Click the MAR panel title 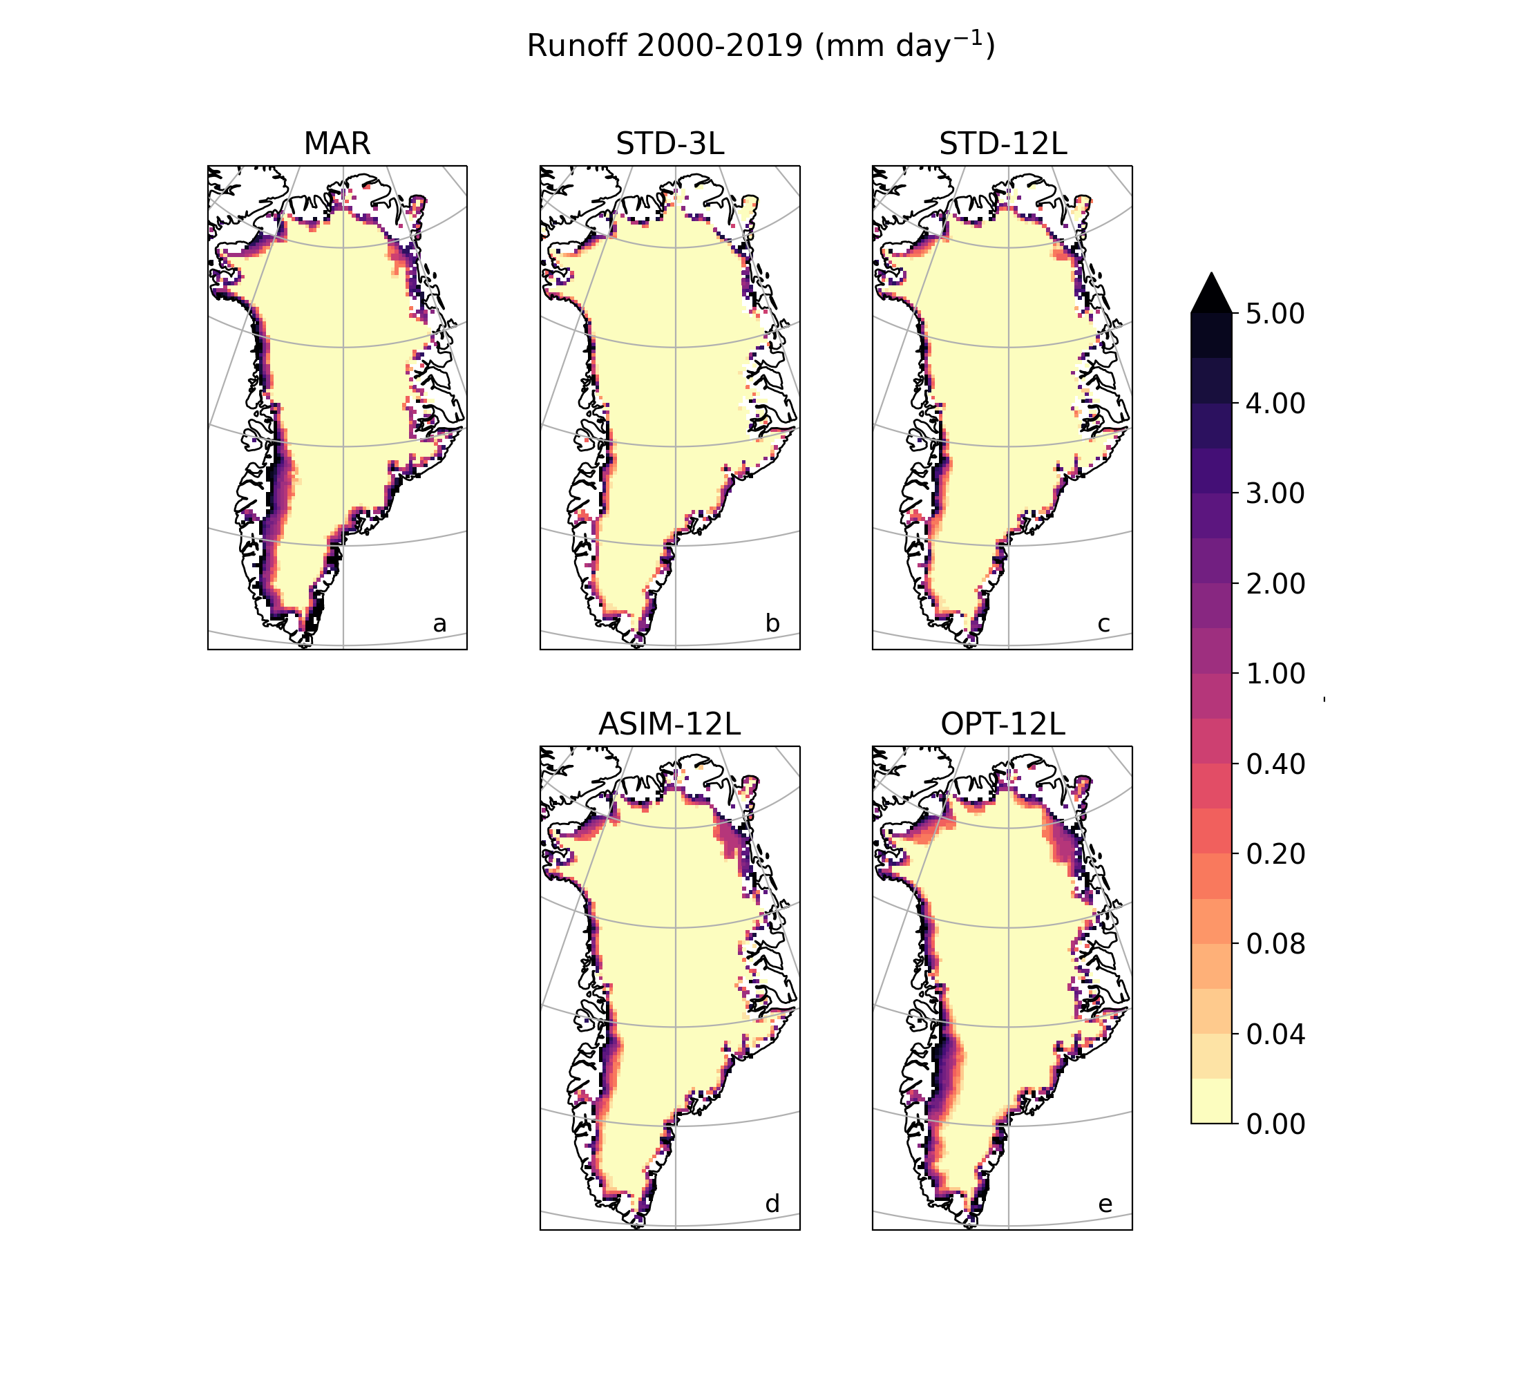[337, 143]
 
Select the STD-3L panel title [669, 143]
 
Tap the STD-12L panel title [1003, 143]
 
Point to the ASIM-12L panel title [669, 723]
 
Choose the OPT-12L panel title [1003, 723]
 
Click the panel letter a [439, 624]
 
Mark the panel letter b [772, 624]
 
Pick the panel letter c [1104, 624]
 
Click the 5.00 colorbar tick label [1275, 314]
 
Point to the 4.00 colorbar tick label [1275, 404]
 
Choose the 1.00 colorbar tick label [1275, 673]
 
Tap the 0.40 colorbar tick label [1275, 764]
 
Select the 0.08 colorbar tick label [1275, 944]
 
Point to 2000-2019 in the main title [720, 46]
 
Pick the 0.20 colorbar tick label [1275, 853]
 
